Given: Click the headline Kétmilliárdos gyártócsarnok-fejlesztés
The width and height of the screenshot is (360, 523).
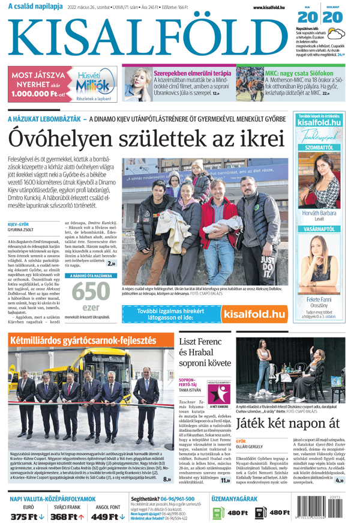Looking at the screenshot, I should tap(87, 342).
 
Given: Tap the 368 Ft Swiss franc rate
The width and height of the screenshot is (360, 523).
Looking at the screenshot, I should tap(66, 516).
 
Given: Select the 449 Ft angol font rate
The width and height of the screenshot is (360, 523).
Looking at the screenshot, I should tap(107, 516).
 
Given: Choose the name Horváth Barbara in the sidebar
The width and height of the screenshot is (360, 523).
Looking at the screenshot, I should tap(322, 213).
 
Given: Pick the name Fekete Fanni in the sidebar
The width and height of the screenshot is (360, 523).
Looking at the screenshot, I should tap(322, 299).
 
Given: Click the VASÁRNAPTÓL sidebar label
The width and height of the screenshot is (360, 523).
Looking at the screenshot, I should tap(322, 229).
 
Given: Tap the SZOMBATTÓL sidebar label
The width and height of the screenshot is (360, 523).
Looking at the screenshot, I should tap(322, 147).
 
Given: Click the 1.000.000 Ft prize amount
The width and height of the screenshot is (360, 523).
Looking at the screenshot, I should tap(38, 94).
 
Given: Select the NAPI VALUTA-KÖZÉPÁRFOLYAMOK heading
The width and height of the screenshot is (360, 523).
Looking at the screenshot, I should tap(53, 499).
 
